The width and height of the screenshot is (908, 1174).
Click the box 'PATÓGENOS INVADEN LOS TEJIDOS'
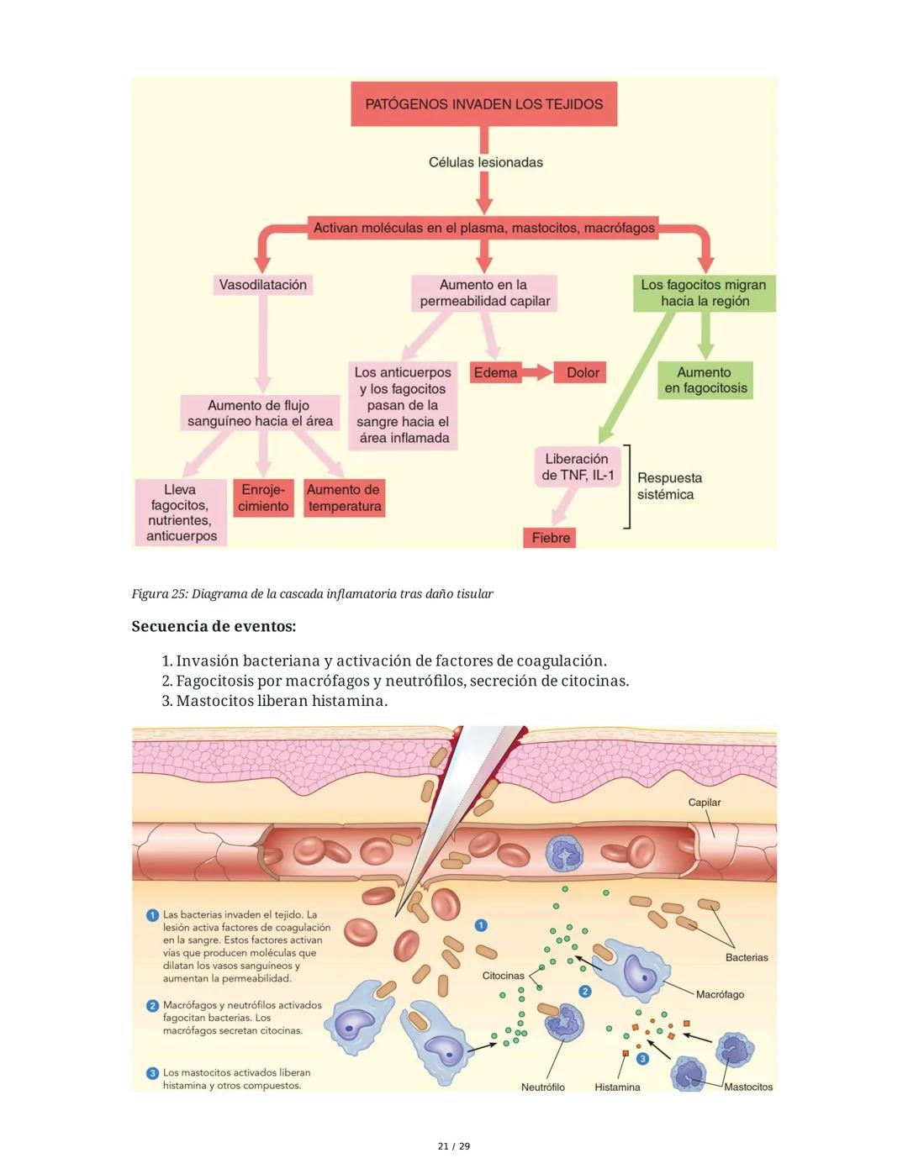coord(483,104)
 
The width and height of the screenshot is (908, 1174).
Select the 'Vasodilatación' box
coord(262,285)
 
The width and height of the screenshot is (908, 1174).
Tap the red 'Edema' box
coord(495,372)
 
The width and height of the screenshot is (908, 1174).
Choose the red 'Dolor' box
coord(582,372)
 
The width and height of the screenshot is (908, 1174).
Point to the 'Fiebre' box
coord(551,538)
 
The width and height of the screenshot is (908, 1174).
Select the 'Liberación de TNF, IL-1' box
coord(578,467)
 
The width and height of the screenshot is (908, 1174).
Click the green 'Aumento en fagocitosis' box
coord(705,381)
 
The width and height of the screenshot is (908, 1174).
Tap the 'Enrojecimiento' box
coord(263,498)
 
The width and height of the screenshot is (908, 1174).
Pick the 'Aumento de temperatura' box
coord(344,498)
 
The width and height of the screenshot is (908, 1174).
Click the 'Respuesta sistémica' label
coord(668,486)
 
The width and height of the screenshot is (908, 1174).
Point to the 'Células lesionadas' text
coord(485,162)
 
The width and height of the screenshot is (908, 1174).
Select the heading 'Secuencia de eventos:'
coord(214,626)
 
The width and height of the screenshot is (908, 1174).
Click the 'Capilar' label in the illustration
coord(704,803)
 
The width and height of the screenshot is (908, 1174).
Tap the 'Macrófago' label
coord(720,994)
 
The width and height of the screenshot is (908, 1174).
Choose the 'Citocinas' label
coord(503,976)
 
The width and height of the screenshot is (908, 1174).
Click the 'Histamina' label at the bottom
coord(617,1087)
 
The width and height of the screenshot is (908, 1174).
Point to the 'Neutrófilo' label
coord(542,1087)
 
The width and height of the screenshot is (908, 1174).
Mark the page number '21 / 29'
coord(454,1146)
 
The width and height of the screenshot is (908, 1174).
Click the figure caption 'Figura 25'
coord(312,594)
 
